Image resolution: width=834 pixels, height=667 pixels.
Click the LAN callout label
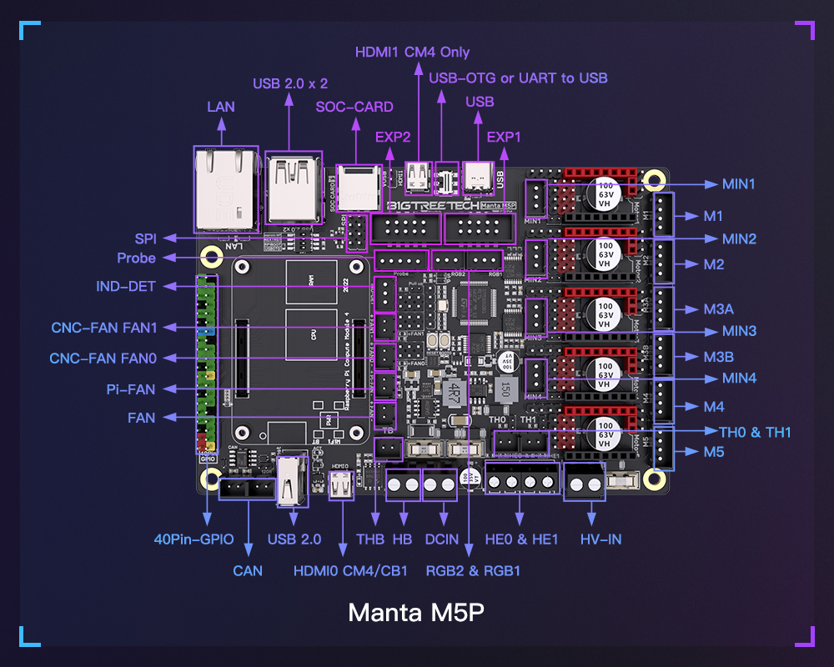pos(221,107)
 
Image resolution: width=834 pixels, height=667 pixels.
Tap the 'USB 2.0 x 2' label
pos(290,83)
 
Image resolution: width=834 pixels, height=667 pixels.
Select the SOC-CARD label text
pos(354,107)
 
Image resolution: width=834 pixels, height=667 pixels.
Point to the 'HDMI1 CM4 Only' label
pos(412,52)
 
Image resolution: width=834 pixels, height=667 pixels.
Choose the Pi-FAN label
pos(131,389)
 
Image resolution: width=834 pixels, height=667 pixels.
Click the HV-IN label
pos(600,539)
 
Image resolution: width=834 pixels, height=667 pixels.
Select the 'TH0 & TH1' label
pos(755,432)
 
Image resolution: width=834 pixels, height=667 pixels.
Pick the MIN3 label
pos(739,331)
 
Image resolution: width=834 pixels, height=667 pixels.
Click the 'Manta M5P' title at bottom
pos(416,612)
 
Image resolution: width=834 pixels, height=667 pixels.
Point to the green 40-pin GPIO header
pos(206,363)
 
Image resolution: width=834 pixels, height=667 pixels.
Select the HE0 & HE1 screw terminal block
pos(521,482)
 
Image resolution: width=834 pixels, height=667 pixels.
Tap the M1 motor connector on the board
pos(663,216)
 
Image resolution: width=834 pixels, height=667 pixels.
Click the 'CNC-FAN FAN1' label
pos(104,328)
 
